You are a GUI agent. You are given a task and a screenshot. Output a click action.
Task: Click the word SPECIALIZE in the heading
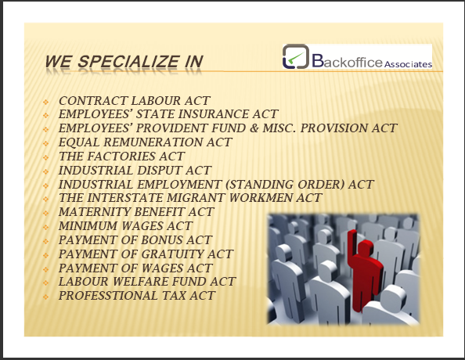pyautogui.click(x=128, y=62)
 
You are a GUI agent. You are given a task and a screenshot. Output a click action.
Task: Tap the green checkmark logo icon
pyautogui.click(x=296, y=56)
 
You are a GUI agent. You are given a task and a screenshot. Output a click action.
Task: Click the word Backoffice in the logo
pyautogui.click(x=347, y=61)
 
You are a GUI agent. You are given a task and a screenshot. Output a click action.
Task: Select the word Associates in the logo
pyautogui.click(x=408, y=64)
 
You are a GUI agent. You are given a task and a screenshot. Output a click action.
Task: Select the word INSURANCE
pyautogui.click(x=214, y=114)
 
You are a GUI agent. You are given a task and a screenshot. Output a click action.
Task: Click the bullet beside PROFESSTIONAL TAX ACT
pyautogui.click(x=45, y=297)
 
